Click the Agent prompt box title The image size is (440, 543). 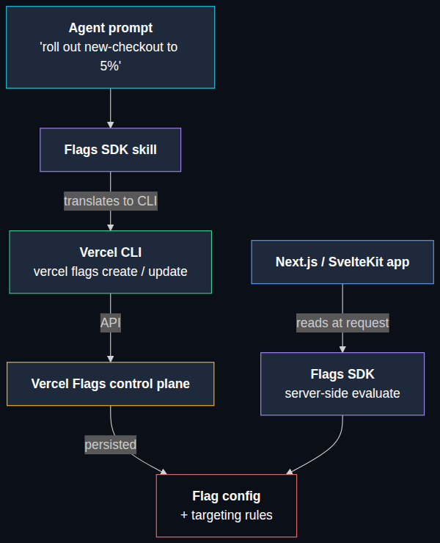pyautogui.click(x=111, y=28)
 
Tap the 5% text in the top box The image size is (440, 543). pyautogui.click(x=111, y=66)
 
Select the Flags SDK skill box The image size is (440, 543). pyautogui.click(x=111, y=150)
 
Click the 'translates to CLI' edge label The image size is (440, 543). pyautogui.click(x=111, y=201)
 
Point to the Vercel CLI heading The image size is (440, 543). pyautogui.click(x=111, y=252)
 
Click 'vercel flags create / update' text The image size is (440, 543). pyautogui.click(x=111, y=271)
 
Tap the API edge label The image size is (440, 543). pyautogui.click(x=111, y=323)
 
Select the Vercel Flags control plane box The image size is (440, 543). pyautogui.click(x=111, y=384)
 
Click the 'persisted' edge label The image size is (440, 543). pyautogui.click(x=111, y=445)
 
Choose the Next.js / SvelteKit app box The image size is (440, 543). pyautogui.click(x=342, y=262)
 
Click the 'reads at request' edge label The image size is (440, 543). pyautogui.click(x=342, y=323)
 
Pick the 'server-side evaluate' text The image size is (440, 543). pyautogui.click(x=342, y=393)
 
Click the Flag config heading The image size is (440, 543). pyautogui.click(x=227, y=496)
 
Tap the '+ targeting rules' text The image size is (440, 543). pyautogui.click(x=227, y=515)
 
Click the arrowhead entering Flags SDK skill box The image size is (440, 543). pyautogui.click(x=111, y=125)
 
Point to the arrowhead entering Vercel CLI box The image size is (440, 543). pyautogui.click(x=111, y=227)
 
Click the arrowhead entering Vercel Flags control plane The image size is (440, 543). pyautogui.click(x=111, y=359)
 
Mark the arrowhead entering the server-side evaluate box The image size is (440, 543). pyautogui.click(x=342, y=349)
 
